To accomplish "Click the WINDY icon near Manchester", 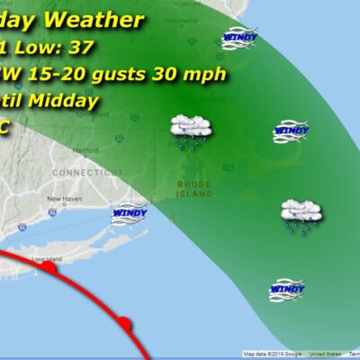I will (240, 38).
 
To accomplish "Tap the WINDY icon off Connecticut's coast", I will (129, 215).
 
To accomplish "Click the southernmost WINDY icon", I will (285, 289).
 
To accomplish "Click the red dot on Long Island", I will (49, 267).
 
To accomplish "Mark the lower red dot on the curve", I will (124, 324).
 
